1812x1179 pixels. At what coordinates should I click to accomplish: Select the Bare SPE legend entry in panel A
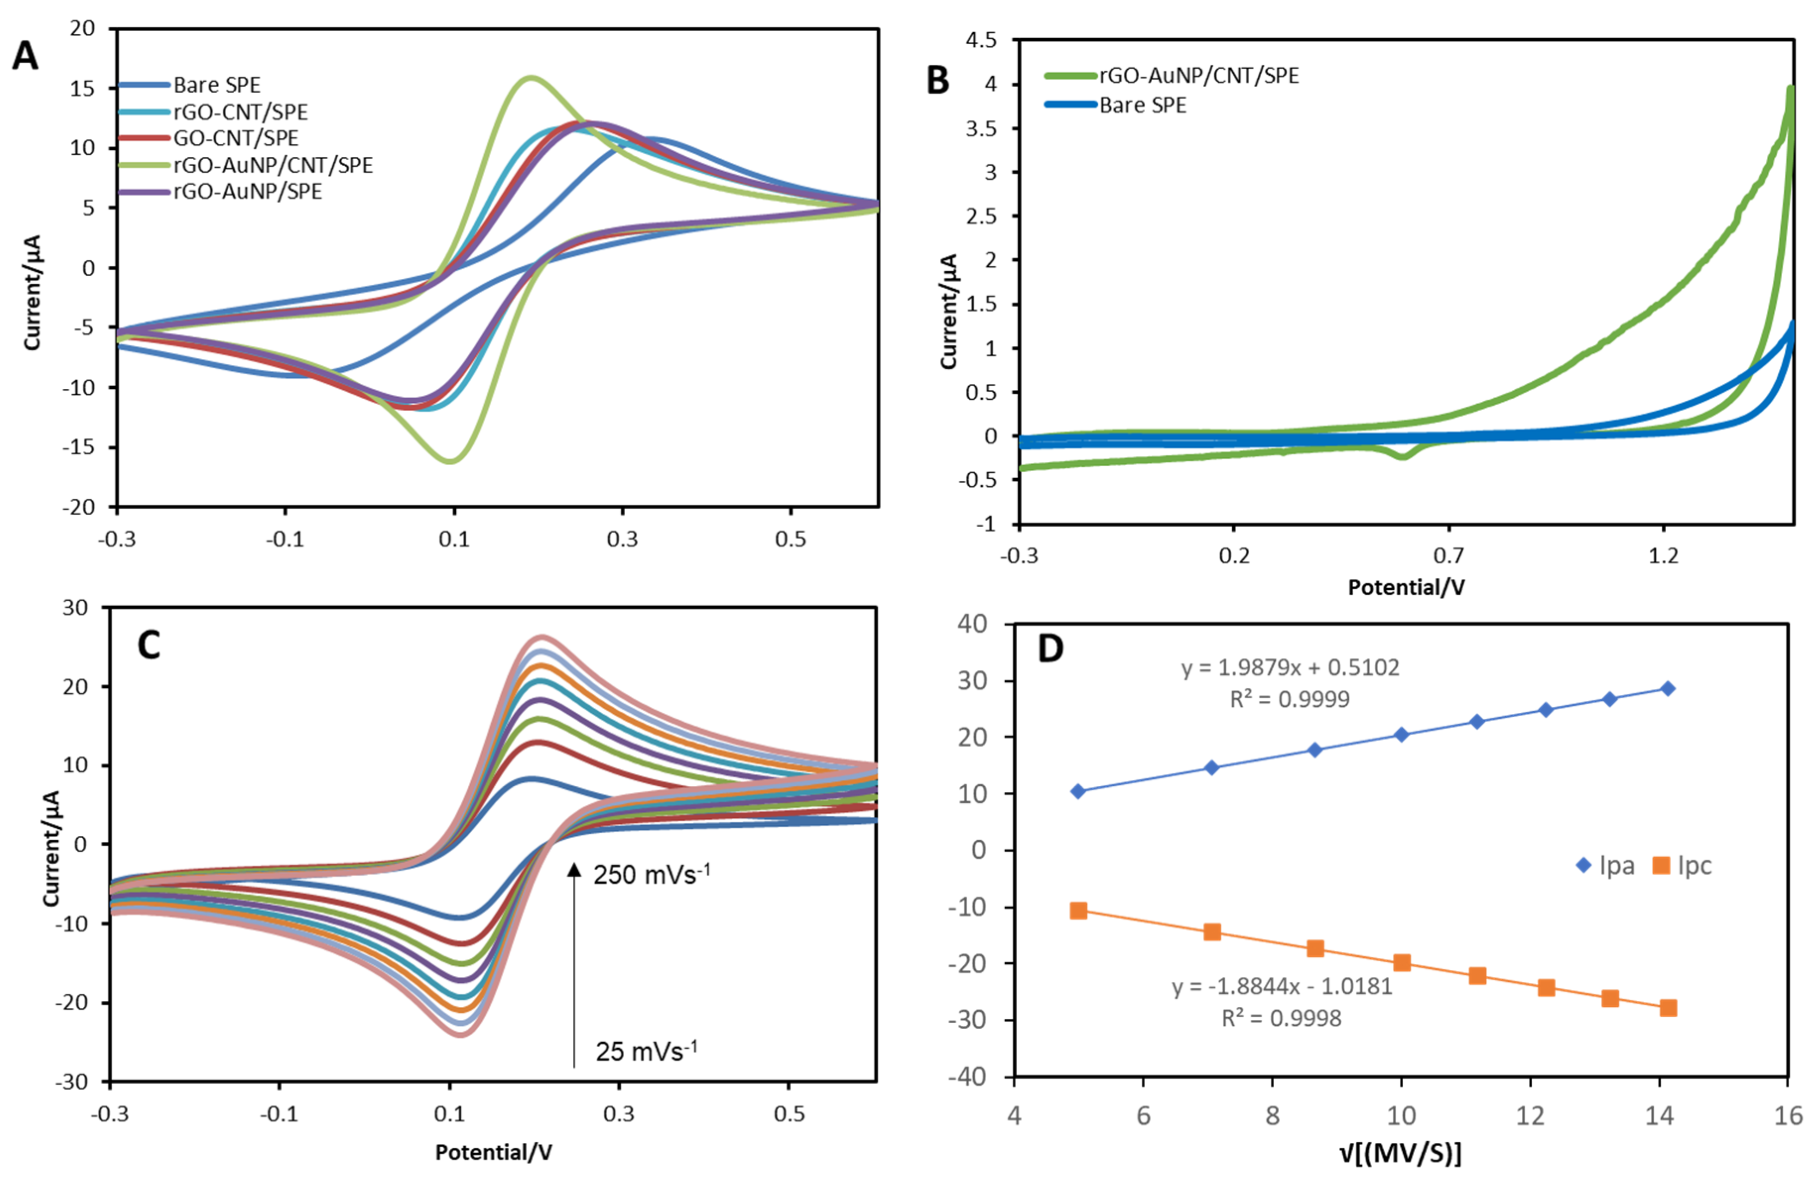click(x=216, y=84)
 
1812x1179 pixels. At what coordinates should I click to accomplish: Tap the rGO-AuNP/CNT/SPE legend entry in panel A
click(x=272, y=165)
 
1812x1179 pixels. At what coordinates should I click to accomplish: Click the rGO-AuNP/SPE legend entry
click(x=248, y=191)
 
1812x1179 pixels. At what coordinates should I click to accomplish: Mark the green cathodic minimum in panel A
click(x=451, y=460)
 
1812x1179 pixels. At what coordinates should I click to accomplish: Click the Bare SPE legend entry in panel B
click(x=1142, y=105)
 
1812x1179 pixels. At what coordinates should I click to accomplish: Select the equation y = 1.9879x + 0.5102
click(x=1290, y=668)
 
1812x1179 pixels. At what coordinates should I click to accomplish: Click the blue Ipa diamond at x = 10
click(x=1401, y=735)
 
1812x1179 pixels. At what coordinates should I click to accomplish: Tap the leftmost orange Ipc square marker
click(x=1078, y=910)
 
